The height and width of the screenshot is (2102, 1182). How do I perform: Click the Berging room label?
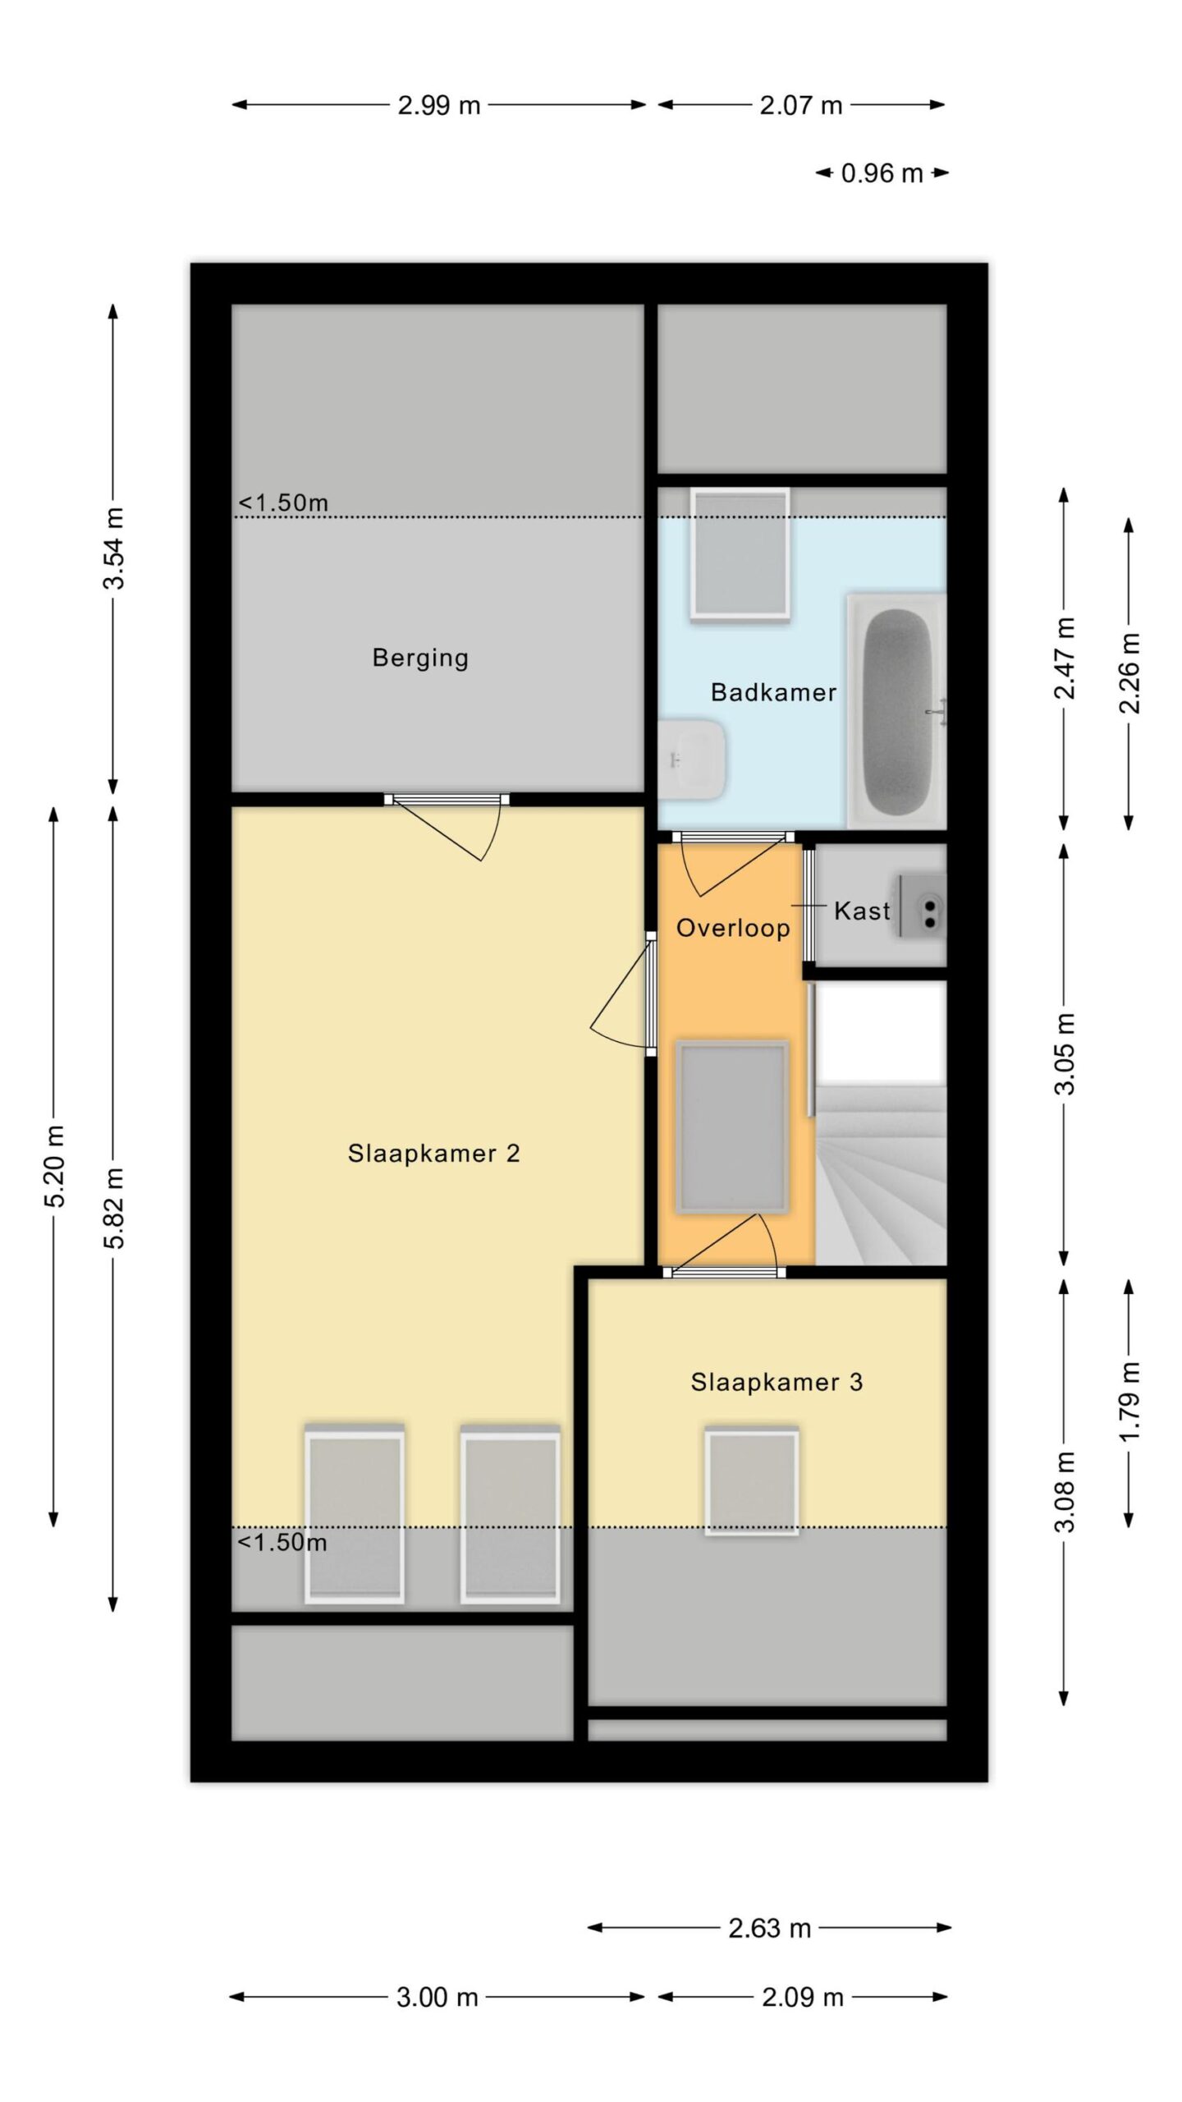point(420,658)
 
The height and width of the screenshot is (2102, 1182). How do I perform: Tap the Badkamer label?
point(773,692)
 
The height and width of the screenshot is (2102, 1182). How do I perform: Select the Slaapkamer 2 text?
point(433,1154)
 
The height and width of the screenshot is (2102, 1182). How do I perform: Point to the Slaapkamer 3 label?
point(776,1382)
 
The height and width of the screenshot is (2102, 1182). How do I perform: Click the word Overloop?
point(733,928)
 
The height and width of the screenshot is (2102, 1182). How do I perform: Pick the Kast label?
point(862,911)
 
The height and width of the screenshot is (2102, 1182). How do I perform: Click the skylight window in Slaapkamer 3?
point(751,1481)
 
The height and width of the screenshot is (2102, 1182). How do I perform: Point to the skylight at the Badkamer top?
point(740,553)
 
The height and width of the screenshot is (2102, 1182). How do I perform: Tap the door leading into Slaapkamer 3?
point(724,1246)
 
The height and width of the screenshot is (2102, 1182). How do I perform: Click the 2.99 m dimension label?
point(439,105)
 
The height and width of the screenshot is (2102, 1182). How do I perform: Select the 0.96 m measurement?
point(882,173)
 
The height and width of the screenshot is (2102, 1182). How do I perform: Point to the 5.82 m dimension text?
point(114,1208)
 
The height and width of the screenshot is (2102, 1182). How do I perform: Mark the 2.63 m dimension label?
point(770,1928)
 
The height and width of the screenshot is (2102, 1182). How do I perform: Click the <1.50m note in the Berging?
point(283,503)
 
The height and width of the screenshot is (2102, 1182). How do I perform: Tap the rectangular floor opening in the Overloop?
point(731,1127)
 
